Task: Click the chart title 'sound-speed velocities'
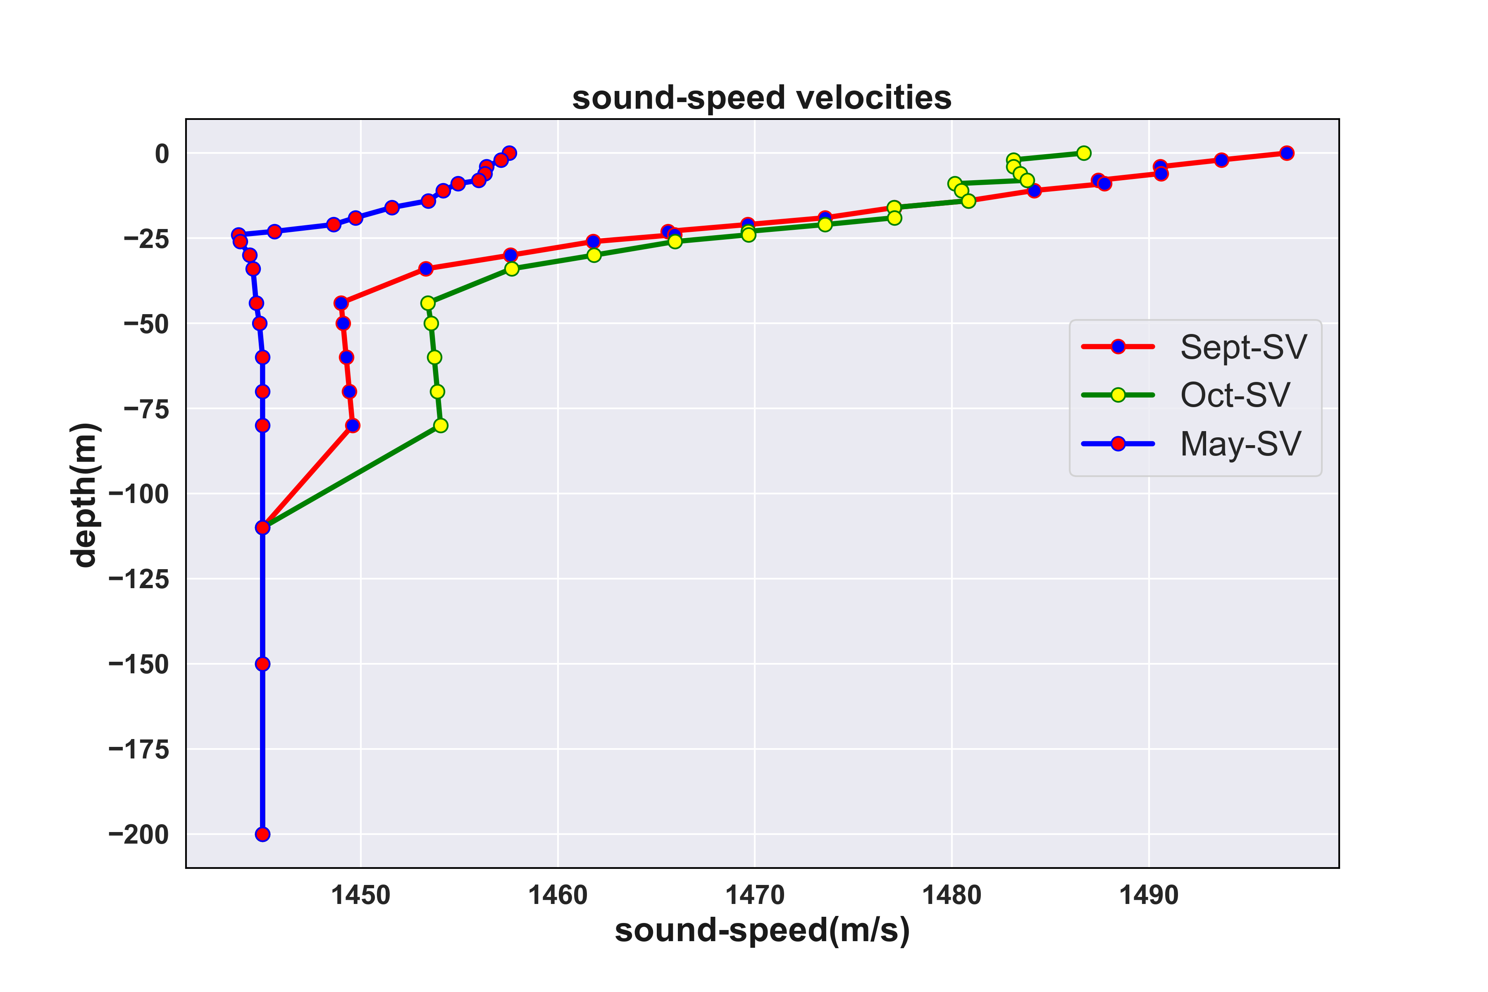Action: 762,98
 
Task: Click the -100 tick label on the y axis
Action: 139,494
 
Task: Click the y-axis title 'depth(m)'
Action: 84,495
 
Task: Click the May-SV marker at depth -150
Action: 262,664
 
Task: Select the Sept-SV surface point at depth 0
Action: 1287,153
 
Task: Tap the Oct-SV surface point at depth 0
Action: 1084,153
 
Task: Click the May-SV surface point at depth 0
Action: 509,153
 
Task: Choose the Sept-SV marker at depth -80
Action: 353,426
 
